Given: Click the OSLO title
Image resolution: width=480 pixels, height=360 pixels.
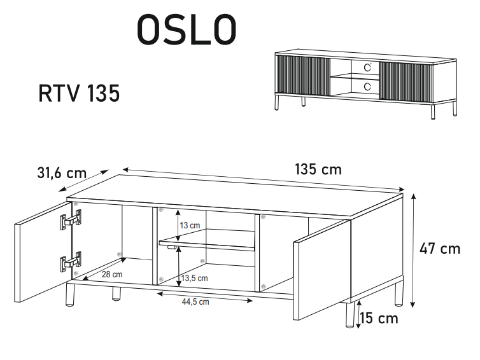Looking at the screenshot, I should [x=187, y=29].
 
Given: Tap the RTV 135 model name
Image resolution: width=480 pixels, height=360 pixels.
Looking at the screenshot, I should [x=79, y=93].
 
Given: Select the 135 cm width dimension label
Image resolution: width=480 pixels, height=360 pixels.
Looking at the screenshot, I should [x=318, y=169].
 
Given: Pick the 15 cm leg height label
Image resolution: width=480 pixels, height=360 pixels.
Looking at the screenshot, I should [x=379, y=317].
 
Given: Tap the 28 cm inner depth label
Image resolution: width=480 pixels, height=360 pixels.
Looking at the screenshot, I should [x=112, y=274].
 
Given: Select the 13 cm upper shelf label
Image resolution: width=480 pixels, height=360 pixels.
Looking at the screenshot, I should [x=190, y=225].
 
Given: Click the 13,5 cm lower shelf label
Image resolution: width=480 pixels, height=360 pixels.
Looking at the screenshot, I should [x=194, y=278].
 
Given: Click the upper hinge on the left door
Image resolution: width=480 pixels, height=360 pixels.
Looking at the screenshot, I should [x=71, y=221].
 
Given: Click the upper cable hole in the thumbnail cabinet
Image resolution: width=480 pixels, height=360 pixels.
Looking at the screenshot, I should [x=367, y=66].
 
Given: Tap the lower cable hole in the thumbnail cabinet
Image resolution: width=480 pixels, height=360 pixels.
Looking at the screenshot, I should [x=367, y=85].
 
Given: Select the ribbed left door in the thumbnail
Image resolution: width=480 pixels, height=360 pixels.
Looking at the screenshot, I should [x=303, y=77].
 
